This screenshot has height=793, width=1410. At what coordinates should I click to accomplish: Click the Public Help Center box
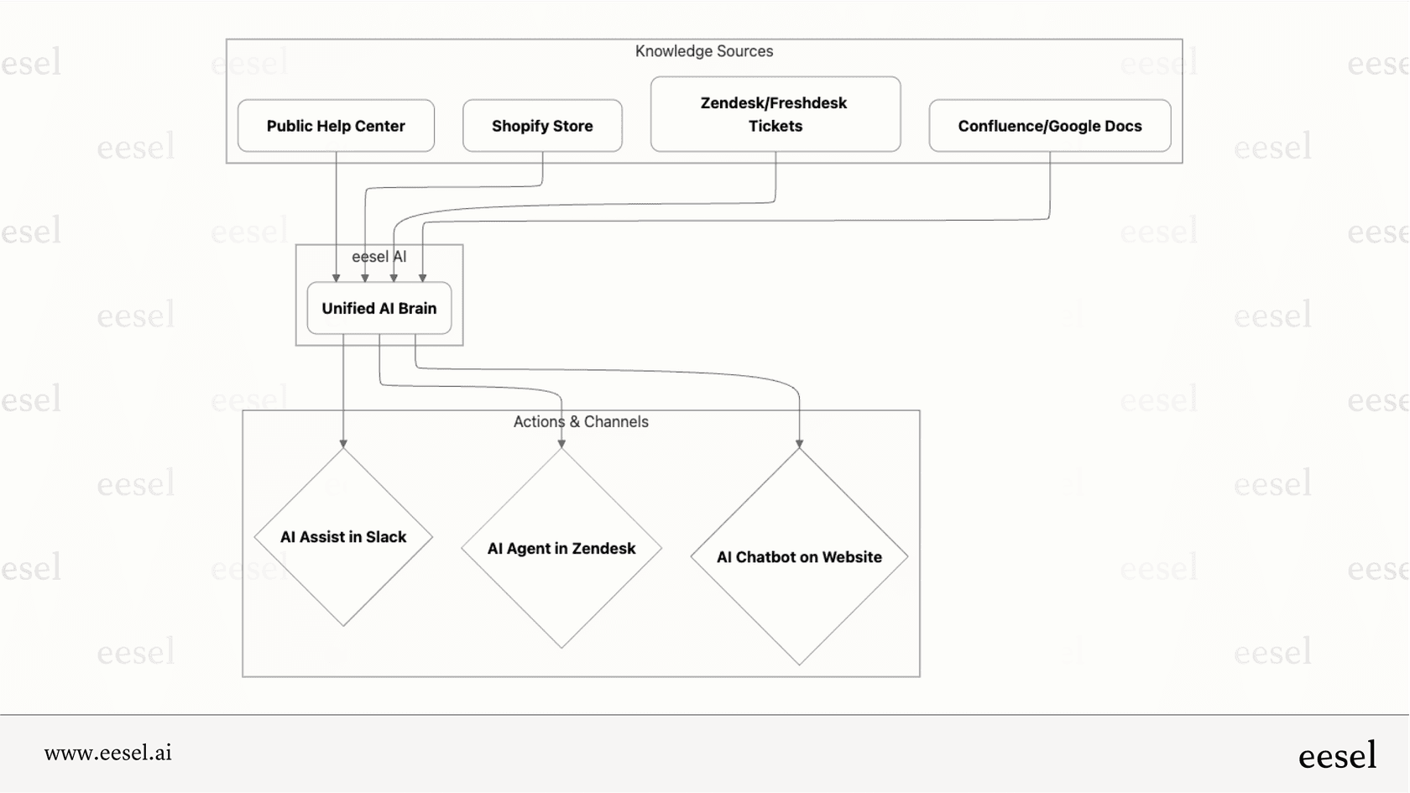(336, 126)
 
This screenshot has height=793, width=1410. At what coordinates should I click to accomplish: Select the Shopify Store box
(542, 126)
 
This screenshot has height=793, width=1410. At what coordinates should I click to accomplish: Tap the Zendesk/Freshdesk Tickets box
(775, 114)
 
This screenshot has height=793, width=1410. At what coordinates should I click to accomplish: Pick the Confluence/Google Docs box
(1049, 126)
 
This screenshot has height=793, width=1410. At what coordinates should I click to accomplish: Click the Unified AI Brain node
(379, 308)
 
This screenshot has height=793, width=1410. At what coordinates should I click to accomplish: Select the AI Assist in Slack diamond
(343, 537)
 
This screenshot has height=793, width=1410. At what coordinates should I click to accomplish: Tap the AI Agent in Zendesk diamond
(561, 548)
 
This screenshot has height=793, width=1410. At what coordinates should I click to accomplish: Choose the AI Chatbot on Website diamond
(799, 557)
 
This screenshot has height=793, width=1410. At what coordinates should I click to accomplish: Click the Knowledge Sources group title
(703, 51)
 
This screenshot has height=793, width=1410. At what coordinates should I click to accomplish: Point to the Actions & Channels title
(581, 422)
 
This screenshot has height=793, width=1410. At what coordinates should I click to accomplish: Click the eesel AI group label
(379, 257)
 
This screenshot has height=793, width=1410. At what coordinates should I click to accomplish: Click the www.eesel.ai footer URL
(108, 753)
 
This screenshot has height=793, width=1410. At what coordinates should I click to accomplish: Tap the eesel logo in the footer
(1337, 756)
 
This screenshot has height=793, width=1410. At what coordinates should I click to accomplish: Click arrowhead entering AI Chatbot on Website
(799, 443)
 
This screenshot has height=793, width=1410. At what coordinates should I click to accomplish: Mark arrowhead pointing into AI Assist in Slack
(343, 443)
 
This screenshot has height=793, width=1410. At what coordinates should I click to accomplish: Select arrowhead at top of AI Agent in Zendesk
(561, 443)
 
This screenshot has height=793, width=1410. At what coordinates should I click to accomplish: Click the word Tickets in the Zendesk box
(775, 126)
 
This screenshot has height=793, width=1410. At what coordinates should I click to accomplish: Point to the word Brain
(417, 308)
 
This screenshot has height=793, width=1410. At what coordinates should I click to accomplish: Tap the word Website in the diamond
(852, 557)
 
